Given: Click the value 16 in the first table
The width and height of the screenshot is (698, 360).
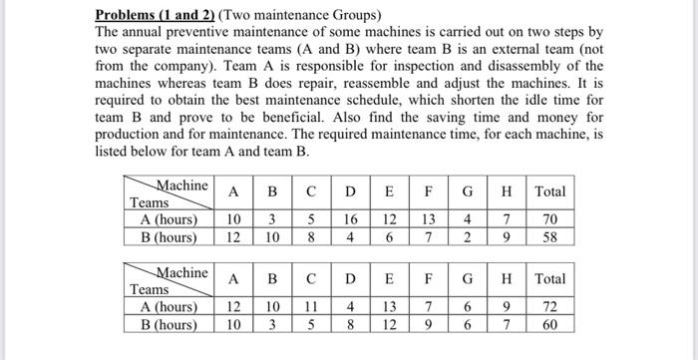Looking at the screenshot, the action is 349,219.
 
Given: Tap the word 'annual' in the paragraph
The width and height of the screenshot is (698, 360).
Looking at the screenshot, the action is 148,31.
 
